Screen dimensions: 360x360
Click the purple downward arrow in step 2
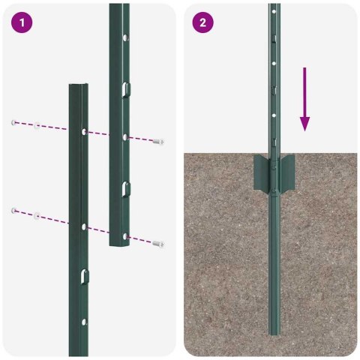tap(304, 98)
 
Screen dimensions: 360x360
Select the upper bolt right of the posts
tap(158, 141)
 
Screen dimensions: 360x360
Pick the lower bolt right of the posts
tap(158, 243)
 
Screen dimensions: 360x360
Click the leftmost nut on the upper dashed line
tap(13, 121)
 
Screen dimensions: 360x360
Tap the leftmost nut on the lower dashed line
tap(13, 211)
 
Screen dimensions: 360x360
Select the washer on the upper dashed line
tap(35, 124)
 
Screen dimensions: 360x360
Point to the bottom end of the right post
tap(120, 244)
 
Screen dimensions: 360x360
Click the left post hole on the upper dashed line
tap(82, 132)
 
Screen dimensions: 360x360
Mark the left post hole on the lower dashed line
tap(82, 223)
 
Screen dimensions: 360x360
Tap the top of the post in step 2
tap(274, 6)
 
